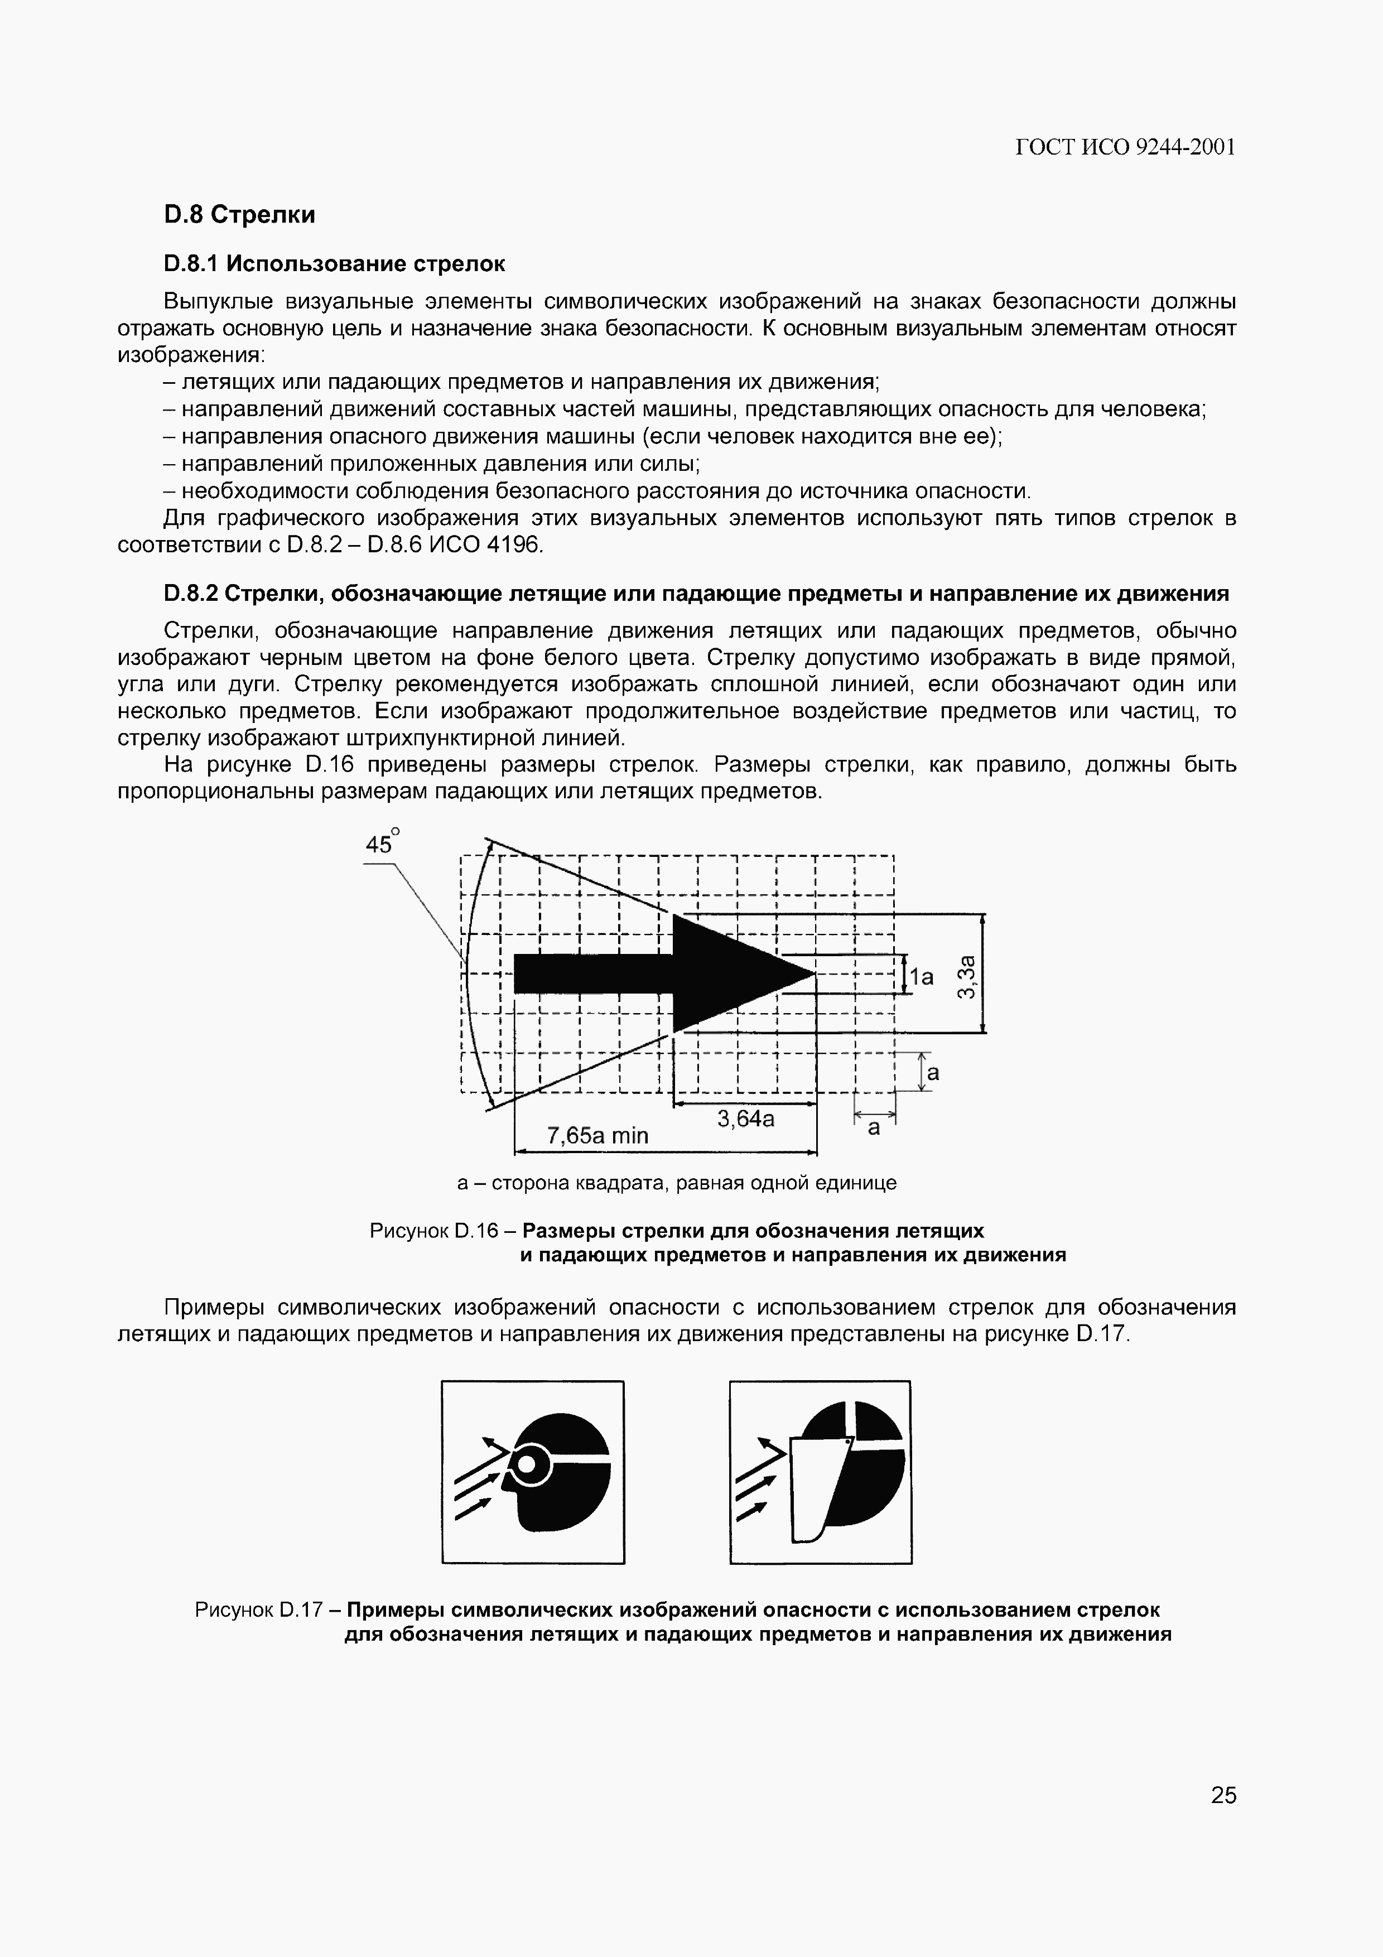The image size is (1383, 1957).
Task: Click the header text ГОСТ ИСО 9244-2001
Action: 1125,147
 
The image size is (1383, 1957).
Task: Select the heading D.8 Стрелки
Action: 239,215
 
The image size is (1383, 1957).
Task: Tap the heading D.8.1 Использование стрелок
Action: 334,264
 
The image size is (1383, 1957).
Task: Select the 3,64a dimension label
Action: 745,1119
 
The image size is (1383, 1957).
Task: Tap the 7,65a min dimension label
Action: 597,1135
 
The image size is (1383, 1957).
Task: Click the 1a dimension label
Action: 921,977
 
